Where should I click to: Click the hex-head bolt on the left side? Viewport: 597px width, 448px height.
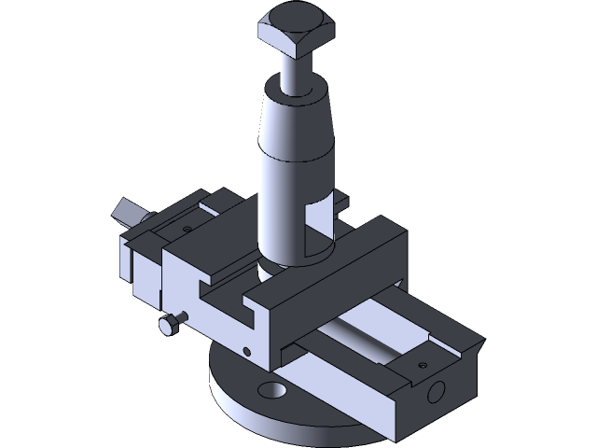click(169, 326)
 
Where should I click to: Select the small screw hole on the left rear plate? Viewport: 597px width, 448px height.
click(186, 225)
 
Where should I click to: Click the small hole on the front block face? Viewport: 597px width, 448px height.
click(247, 351)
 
